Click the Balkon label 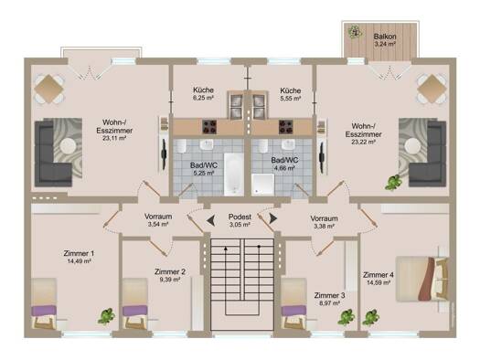385,37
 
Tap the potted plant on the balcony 355,31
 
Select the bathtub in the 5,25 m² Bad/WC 234,175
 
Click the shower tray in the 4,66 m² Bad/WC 262,185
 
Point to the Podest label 240,217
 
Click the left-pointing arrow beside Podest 210,220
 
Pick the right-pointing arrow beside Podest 273,218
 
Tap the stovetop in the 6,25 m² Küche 209,127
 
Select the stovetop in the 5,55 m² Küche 285,127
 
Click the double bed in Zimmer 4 422,279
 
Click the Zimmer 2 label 170,271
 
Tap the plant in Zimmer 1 106,316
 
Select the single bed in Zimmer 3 293,303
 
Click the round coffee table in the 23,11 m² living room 69,147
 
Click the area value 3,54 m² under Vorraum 158,224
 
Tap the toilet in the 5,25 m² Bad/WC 181,146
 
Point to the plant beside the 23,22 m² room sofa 393,183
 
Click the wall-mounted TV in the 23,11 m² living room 165,154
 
